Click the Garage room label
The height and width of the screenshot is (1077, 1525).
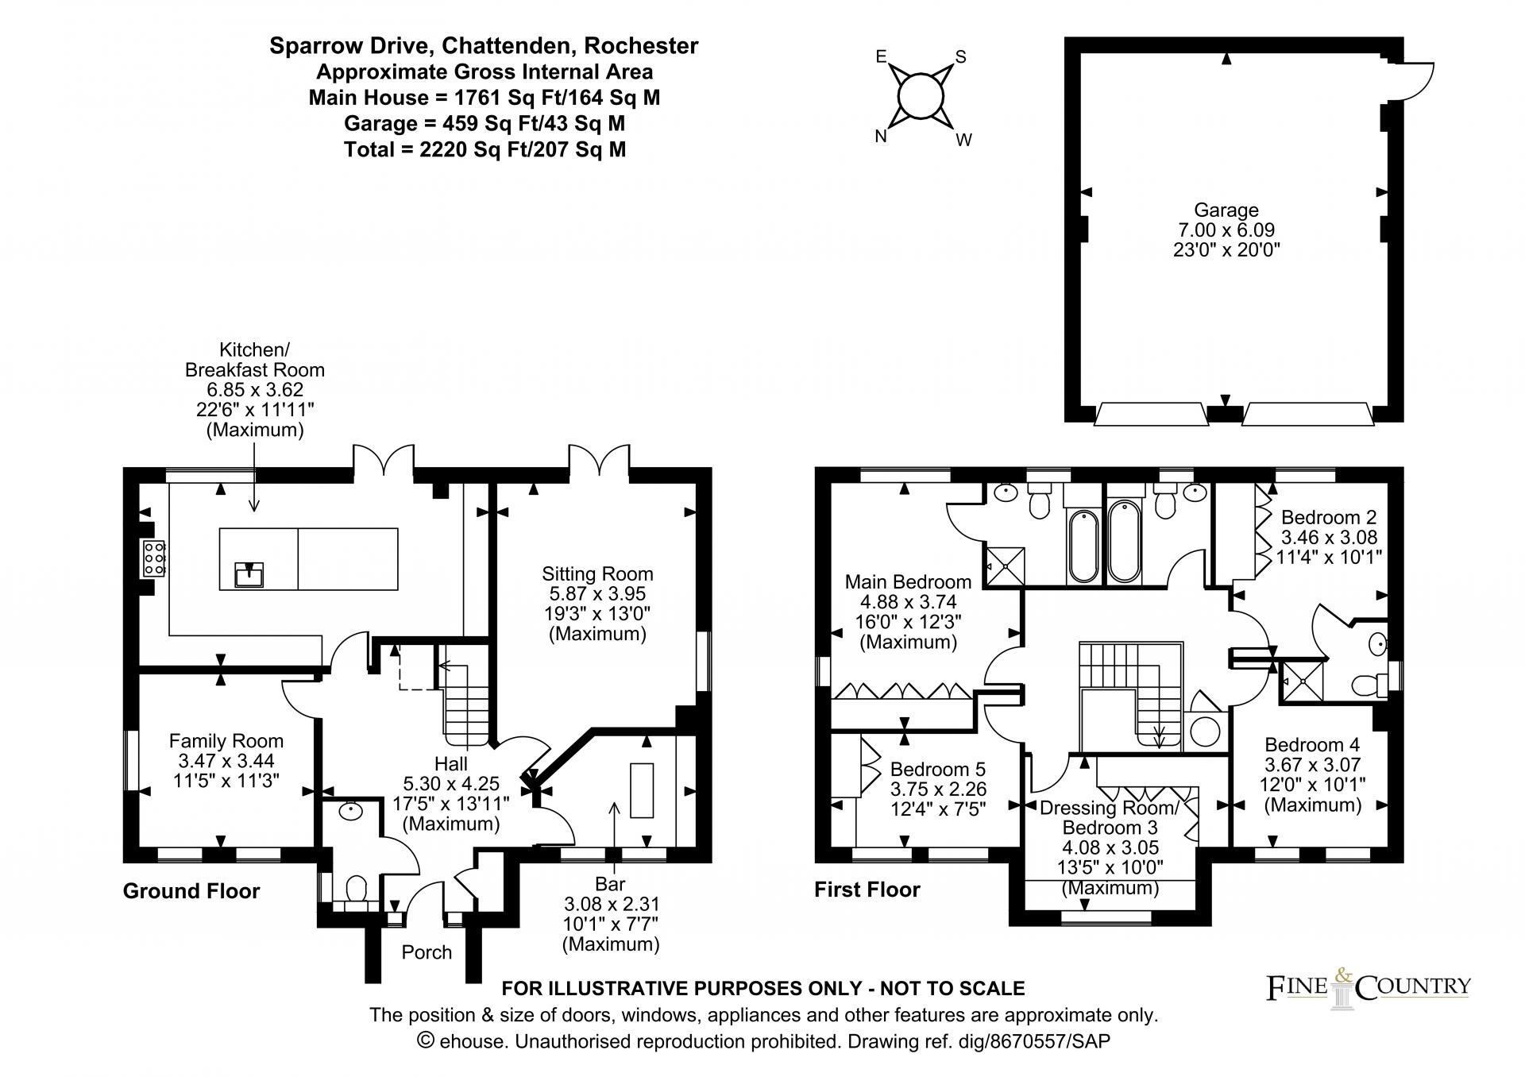[1226, 210]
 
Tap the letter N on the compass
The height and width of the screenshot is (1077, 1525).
[880, 136]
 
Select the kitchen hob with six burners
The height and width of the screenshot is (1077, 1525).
[153, 558]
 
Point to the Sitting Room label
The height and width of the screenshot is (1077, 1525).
[597, 573]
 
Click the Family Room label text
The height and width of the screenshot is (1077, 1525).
[226, 741]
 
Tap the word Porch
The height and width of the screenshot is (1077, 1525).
[427, 952]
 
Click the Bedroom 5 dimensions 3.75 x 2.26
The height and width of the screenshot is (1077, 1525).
[938, 789]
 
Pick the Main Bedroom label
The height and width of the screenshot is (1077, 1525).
[908, 581]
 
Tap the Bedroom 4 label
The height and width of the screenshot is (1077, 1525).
[1312, 744]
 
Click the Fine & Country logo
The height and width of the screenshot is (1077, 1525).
[1367, 988]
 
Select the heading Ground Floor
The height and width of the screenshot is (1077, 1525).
[191, 891]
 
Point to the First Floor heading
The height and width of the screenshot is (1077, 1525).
[867, 890]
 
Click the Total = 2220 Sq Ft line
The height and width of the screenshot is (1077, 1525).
[485, 149]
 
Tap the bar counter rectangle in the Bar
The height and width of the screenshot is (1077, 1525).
[642, 789]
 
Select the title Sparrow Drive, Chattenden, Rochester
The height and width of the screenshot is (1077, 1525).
[484, 46]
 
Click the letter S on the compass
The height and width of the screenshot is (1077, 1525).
[960, 56]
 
